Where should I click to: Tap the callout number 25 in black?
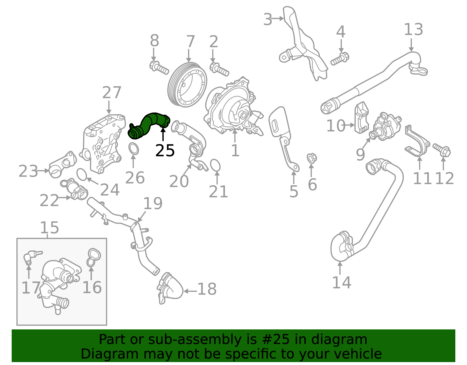tap(165, 151)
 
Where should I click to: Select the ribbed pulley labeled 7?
tap(187, 84)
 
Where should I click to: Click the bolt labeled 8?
tap(159, 68)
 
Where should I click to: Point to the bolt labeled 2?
tap(219, 69)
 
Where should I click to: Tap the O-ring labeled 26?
tap(134, 149)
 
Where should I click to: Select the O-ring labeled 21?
tap(215, 165)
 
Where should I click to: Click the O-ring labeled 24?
tap(82, 174)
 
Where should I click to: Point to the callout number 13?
tap(413, 30)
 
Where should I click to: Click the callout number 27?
tap(112, 93)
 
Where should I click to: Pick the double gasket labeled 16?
tap(93, 257)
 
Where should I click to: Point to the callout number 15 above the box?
tap(49, 228)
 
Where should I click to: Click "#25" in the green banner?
tap(273, 340)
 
